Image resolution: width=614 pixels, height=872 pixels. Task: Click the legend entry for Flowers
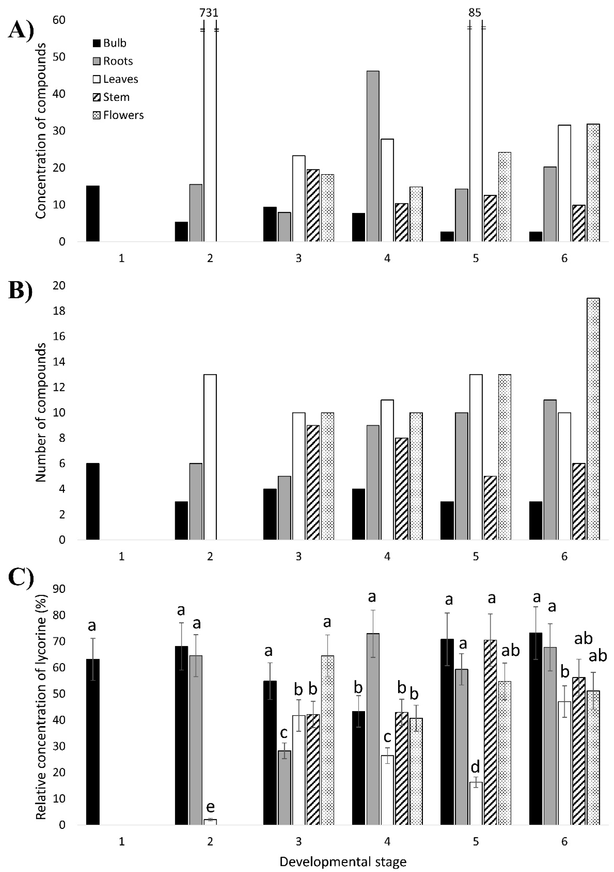pos(118,115)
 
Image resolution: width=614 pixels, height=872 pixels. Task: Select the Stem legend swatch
pos(97,97)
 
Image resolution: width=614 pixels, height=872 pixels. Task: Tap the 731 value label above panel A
pos(209,13)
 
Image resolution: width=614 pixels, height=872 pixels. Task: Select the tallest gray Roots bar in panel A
pos(372,156)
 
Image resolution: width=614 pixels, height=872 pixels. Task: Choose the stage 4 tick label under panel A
pos(387,258)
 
